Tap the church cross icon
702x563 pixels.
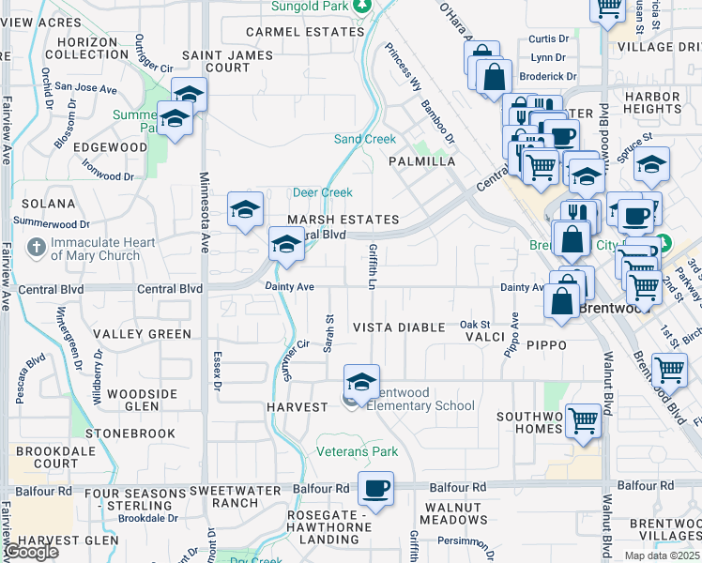pos(36,249)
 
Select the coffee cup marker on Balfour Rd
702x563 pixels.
pos(375,489)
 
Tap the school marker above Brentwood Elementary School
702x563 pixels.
pos(360,381)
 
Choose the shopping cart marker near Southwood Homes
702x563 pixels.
pos(583,421)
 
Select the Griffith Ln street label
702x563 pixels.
pos(373,266)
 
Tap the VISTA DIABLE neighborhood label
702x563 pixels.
pos(398,327)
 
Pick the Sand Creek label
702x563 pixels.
pos(365,139)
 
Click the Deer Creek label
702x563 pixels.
pos(322,192)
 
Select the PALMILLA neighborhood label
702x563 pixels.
pos(422,161)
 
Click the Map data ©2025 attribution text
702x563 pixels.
pos(662,555)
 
